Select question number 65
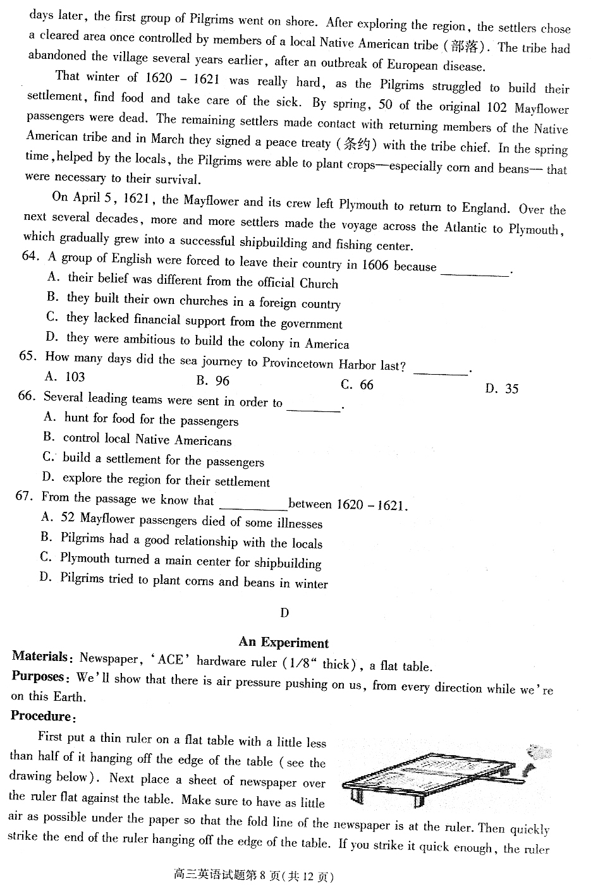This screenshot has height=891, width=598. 28,356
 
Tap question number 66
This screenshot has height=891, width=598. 26,396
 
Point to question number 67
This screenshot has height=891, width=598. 24,496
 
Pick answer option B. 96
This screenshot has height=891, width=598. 213,380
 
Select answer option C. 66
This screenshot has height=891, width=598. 357,384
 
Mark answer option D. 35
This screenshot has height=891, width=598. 502,389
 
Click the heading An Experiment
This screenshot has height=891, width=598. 283,643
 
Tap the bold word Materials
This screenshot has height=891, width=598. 39,656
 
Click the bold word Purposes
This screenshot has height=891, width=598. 38,676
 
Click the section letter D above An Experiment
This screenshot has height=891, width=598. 284,612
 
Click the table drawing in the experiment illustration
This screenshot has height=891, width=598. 430,777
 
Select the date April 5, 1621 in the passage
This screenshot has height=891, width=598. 101,198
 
